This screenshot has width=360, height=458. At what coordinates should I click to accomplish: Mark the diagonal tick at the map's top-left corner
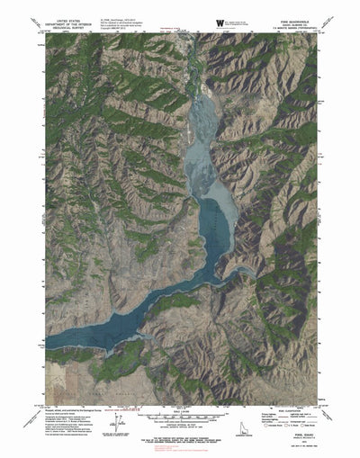coord(33,27)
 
